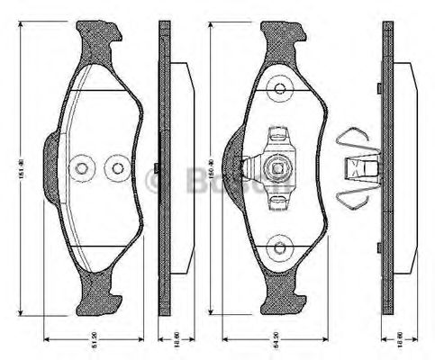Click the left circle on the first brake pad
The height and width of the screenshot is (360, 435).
[x=84, y=168]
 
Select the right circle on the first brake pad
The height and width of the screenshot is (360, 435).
[x=115, y=168]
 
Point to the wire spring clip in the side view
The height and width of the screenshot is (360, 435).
[x=356, y=166]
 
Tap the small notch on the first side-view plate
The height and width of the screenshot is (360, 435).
[x=158, y=168]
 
